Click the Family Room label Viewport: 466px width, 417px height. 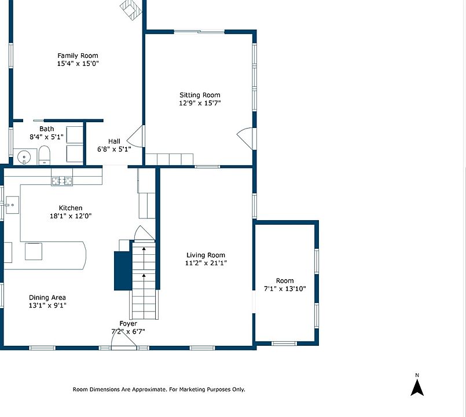click(x=78, y=56)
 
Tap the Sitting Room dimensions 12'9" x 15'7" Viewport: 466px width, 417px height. click(x=200, y=103)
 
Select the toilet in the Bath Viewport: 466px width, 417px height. click(x=44, y=155)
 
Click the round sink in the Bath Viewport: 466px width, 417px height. click(x=24, y=156)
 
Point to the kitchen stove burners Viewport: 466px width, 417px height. click(x=62, y=181)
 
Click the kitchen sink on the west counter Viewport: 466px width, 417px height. click(x=12, y=205)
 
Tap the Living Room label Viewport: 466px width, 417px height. click(x=206, y=255)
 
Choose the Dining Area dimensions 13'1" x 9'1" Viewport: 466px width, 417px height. click(x=47, y=305)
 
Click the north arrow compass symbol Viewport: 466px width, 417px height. click(x=417, y=388)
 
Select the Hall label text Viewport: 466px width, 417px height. click(x=114, y=141)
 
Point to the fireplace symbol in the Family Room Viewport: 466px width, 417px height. click(x=131, y=9)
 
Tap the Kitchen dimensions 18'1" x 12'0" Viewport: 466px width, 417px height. click(x=71, y=216)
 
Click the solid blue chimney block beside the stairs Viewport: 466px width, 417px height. click(x=123, y=270)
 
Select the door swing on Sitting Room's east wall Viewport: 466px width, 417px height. click(x=245, y=138)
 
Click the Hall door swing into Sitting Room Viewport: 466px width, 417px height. click(x=135, y=136)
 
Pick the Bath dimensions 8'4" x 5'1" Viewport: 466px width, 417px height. click(x=46, y=137)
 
